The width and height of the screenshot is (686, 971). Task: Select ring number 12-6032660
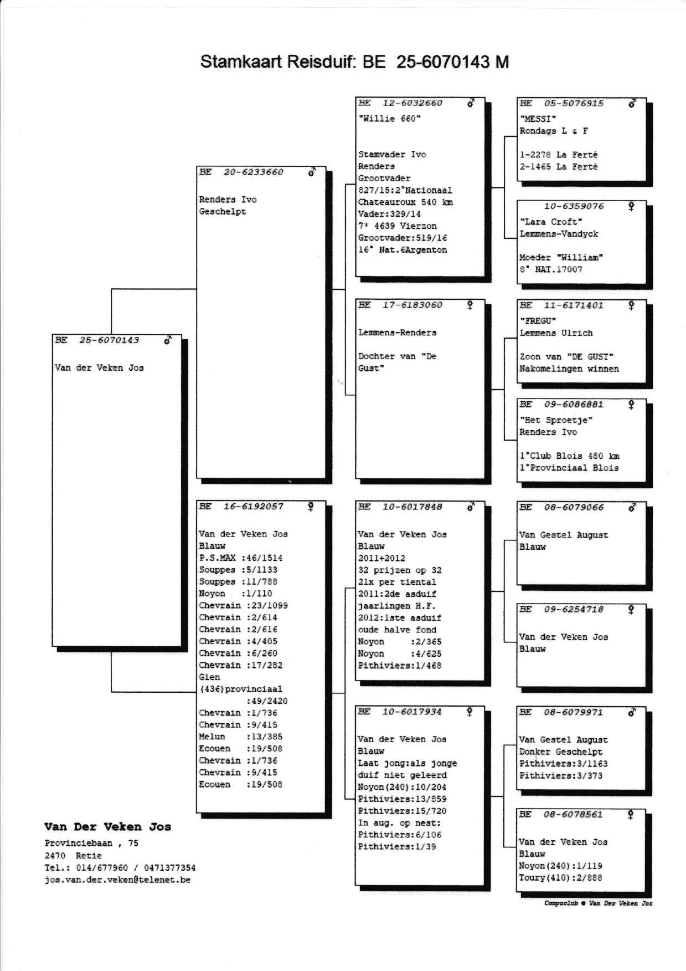pos(412,103)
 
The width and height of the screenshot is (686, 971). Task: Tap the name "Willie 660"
pos(389,119)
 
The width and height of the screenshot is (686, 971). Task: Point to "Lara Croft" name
pos(551,222)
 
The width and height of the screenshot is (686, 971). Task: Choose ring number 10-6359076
pos(574,206)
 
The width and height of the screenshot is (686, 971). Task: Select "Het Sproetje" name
pos(556,420)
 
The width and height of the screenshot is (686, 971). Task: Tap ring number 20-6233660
pos(253,172)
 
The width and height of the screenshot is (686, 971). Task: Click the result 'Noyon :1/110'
pos(235,594)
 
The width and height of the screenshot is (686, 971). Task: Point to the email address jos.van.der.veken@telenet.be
pos(117,880)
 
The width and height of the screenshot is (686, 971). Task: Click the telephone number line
pos(120,868)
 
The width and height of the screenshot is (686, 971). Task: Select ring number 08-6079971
pos(573,712)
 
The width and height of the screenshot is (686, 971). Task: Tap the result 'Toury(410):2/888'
pos(560,878)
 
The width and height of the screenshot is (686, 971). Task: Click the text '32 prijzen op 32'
pos(400,570)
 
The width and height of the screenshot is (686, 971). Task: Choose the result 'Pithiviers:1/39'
pos(396,847)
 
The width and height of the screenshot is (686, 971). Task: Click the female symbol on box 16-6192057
pos(311,506)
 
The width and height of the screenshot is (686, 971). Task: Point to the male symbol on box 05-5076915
pos(632,103)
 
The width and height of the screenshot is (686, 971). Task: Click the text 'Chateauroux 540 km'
pos(405,202)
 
